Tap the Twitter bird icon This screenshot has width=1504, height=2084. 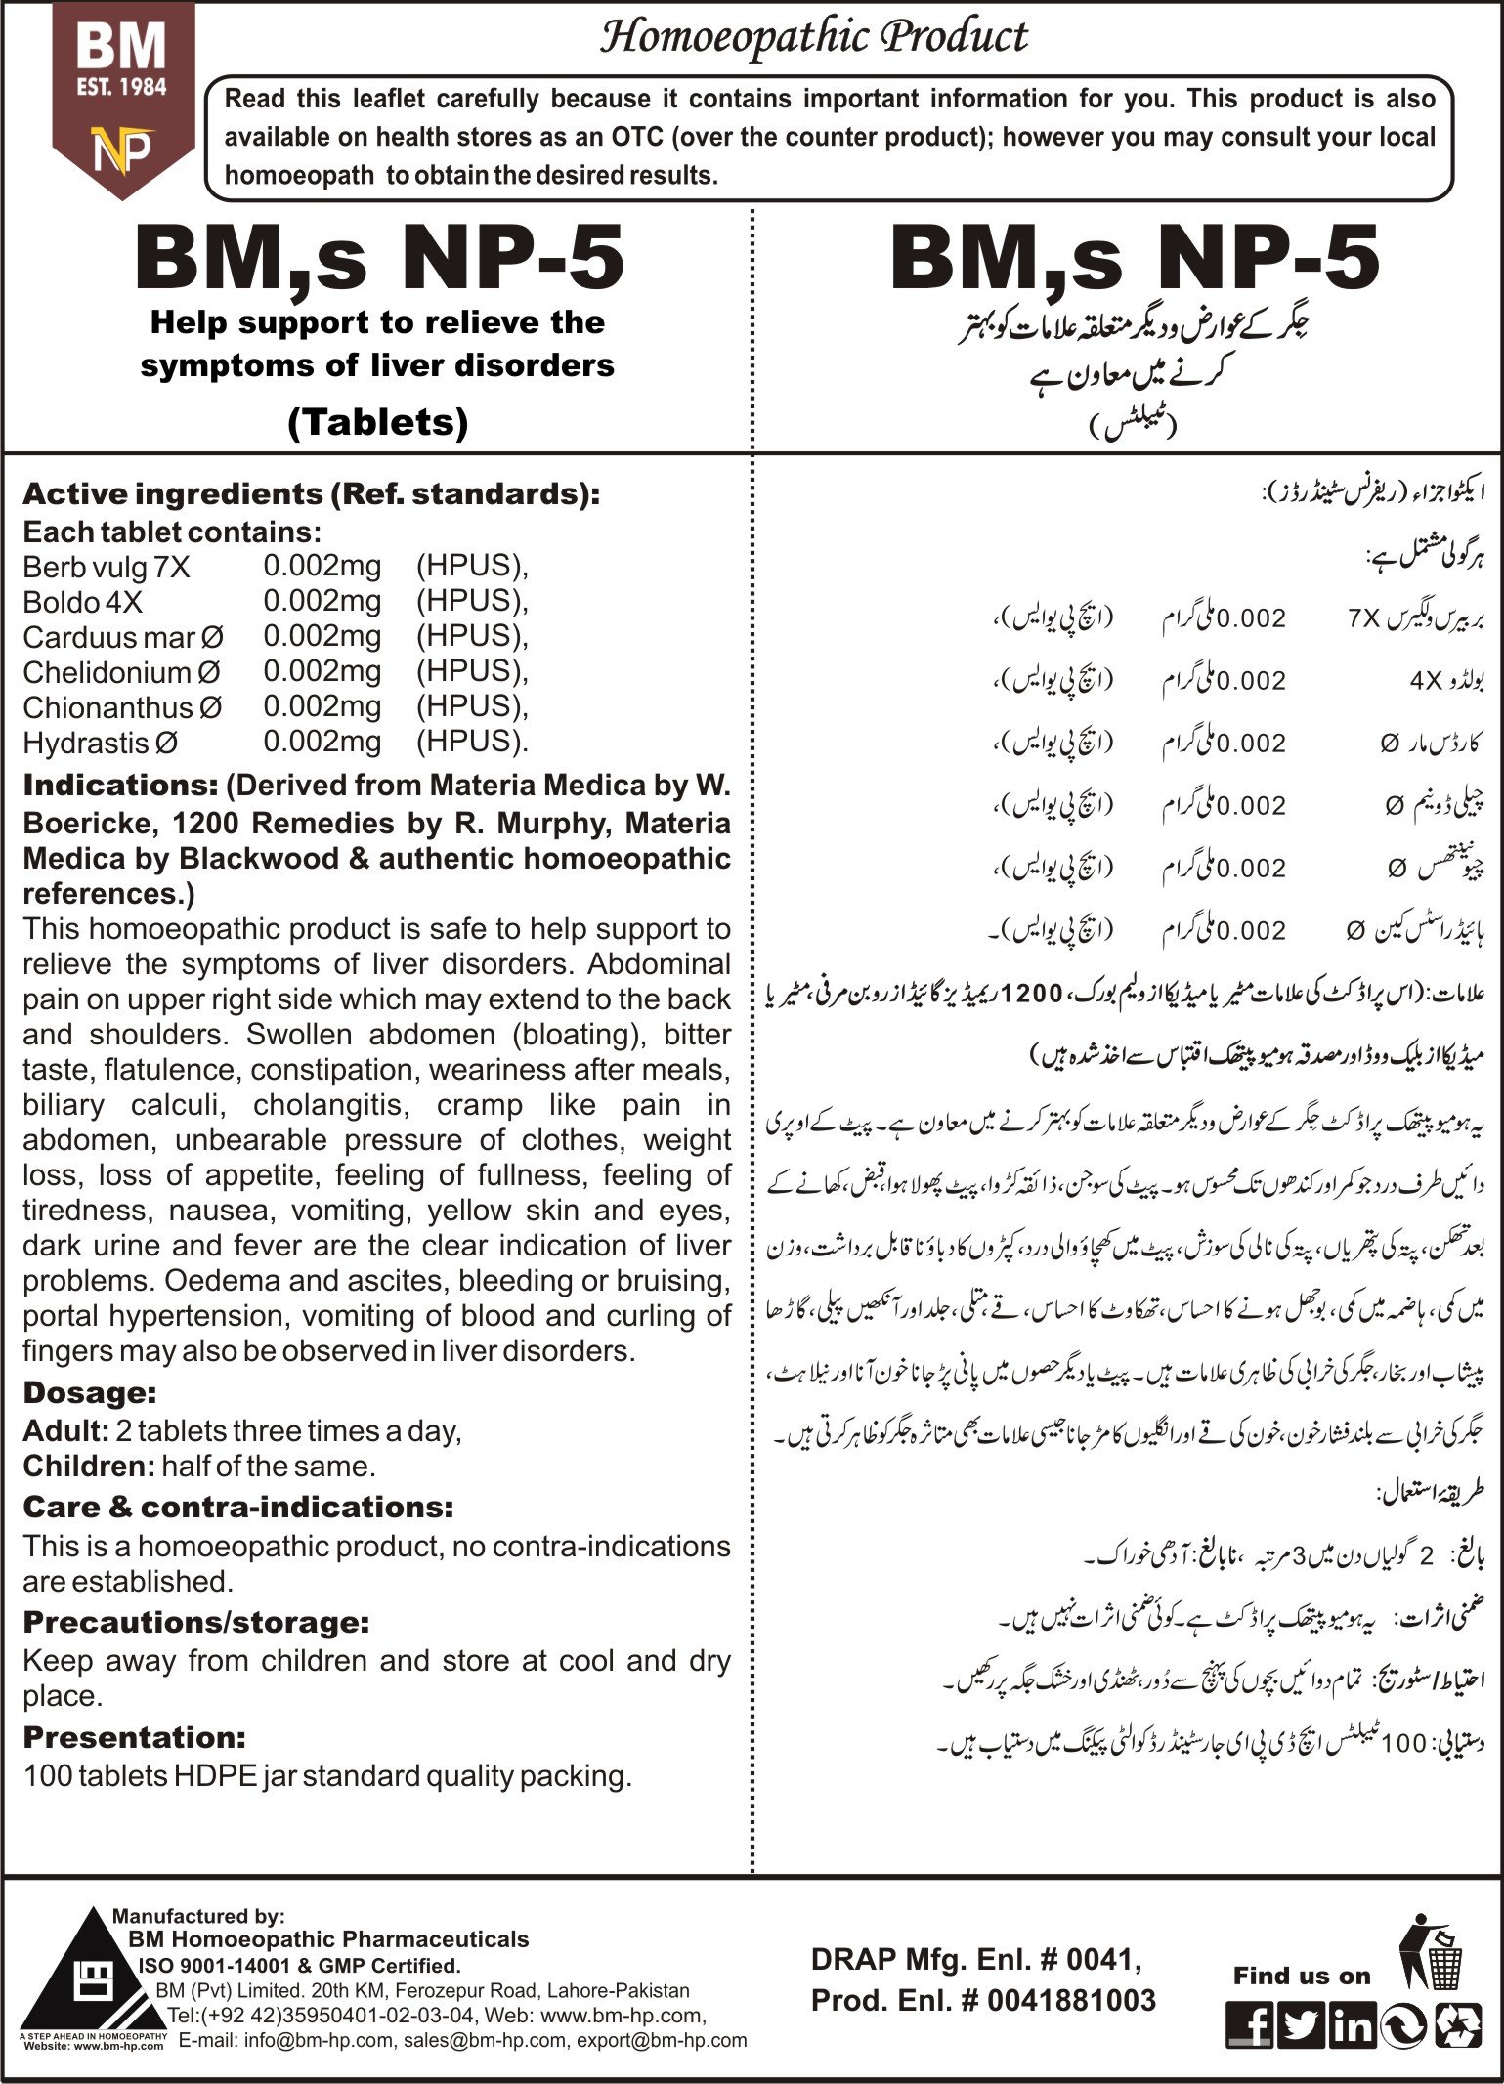[1301, 2024]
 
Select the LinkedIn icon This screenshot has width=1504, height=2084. [1353, 2024]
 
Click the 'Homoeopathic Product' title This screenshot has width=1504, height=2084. [813, 37]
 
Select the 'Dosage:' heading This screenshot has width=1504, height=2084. [89, 1392]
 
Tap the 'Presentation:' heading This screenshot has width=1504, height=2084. [134, 1736]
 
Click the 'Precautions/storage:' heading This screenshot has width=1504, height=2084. [195, 1622]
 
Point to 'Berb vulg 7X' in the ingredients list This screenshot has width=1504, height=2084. [107, 567]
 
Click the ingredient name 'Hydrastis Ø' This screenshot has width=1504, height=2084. [101, 743]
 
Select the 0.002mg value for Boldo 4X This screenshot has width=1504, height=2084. [322, 601]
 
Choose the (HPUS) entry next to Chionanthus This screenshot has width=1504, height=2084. [471, 706]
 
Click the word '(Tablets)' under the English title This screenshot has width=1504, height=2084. [377, 422]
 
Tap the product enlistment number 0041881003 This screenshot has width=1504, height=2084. [1071, 2001]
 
